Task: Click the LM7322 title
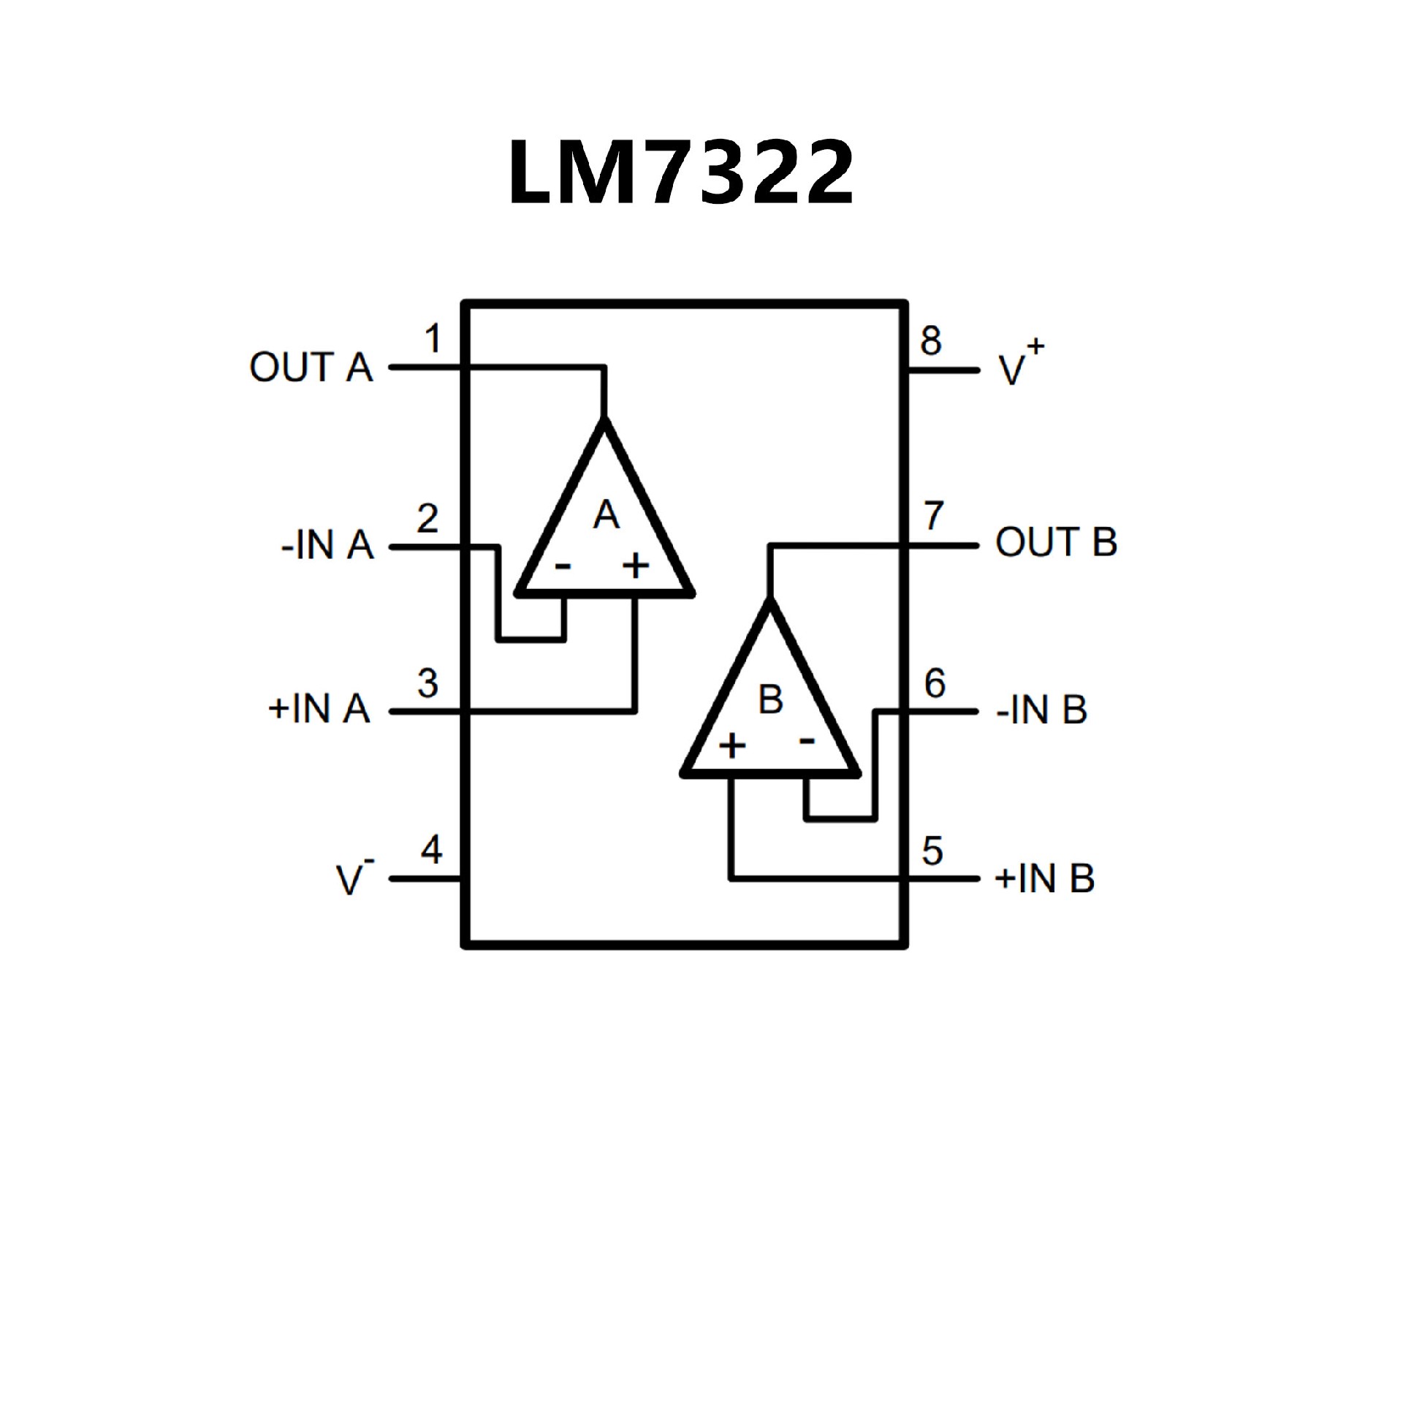(680, 173)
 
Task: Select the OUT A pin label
(311, 367)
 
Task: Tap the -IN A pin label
(327, 546)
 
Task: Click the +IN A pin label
(319, 709)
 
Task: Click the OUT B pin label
(1056, 543)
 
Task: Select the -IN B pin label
(1041, 710)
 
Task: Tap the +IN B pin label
(1044, 878)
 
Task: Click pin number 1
(433, 339)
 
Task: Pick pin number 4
(431, 849)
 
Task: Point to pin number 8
(930, 341)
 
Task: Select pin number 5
(932, 851)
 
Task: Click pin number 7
(934, 516)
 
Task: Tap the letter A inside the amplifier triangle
(606, 515)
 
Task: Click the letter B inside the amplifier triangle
(770, 699)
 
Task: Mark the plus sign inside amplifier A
(635, 565)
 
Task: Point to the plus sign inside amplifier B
(732, 746)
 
